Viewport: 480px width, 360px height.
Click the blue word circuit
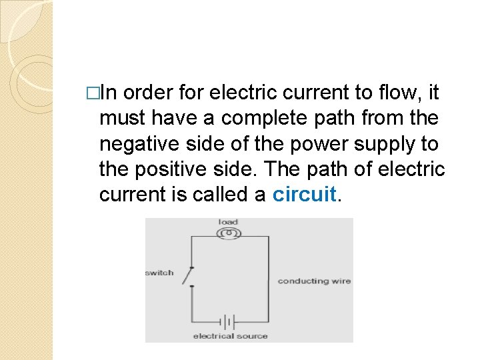(304, 194)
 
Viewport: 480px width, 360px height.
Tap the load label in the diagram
(228, 223)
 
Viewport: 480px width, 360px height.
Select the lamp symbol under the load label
(228, 233)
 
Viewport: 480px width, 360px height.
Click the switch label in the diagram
(159, 273)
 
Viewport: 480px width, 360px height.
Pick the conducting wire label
(314, 281)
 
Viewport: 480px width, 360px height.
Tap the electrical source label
(230, 336)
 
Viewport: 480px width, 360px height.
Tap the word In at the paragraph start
(111, 93)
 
